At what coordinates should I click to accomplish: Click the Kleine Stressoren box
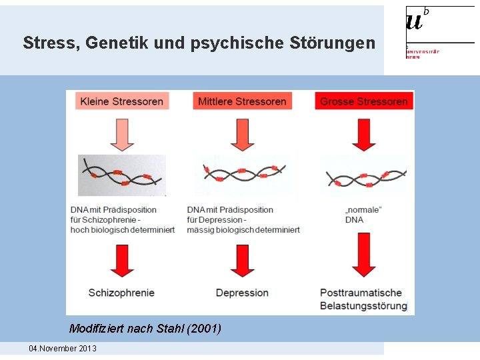[122, 101]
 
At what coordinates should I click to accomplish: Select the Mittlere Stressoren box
[242, 101]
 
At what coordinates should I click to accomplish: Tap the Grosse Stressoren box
[364, 101]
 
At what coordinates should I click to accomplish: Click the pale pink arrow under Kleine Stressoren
[122, 134]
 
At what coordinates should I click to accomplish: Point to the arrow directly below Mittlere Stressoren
[242, 134]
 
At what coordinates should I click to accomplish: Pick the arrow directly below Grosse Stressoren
[364, 134]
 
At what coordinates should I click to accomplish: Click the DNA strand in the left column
[122, 175]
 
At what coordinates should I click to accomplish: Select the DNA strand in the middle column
[243, 175]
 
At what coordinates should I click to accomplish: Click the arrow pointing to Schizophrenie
[122, 260]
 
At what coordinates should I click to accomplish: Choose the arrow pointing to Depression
[242, 260]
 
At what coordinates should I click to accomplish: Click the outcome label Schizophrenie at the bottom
[121, 293]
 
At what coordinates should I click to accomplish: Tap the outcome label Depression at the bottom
[242, 293]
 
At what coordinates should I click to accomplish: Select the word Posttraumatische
[361, 293]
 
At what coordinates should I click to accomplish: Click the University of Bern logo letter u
[414, 23]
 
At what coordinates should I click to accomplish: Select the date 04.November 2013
[63, 349]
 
